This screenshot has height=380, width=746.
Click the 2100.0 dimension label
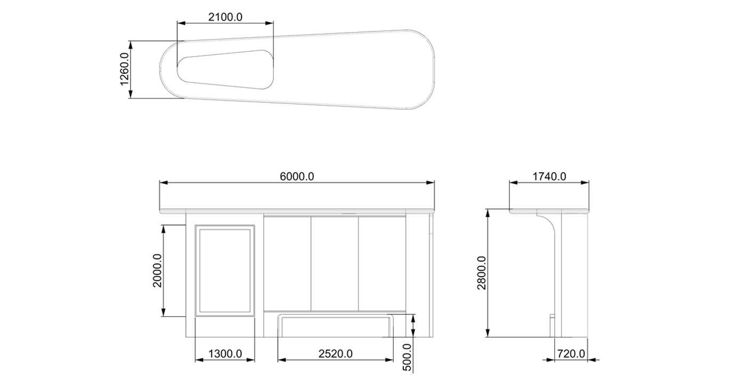[225, 17]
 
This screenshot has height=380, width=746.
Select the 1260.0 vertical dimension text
[124, 69]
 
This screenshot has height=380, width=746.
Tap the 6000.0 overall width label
[297, 176]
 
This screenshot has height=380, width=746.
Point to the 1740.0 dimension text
[549, 176]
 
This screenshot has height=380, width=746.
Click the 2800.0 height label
[482, 273]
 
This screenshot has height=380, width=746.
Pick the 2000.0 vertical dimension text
[158, 270]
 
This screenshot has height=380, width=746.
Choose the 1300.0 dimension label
[225, 353]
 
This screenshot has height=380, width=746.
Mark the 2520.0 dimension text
[335, 353]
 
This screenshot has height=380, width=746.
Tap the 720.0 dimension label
[571, 353]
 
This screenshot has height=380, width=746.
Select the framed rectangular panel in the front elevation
[225, 270]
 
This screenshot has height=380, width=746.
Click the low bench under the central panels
[336, 325]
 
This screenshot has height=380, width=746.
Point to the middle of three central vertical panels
[335, 264]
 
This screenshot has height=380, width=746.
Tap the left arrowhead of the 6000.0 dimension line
[163, 183]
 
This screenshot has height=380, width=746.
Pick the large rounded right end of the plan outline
[421, 69]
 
